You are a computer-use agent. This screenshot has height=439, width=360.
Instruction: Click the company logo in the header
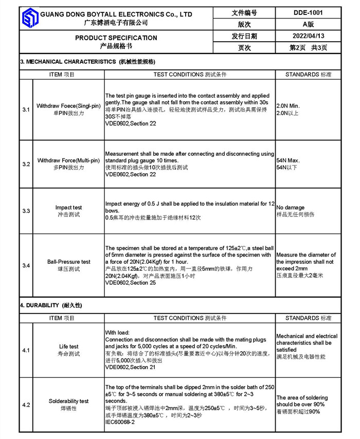(30, 19)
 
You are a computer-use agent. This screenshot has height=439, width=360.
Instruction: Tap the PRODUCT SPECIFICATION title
(116, 38)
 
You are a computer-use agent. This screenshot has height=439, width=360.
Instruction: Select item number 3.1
(26, 110)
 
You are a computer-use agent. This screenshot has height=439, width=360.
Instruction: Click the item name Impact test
(68, 208)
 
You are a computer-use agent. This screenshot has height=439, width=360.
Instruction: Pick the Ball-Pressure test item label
(68, 262)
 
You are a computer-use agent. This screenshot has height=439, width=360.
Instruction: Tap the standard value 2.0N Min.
(288, 106)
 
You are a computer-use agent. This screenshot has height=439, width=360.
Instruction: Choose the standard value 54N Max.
(288, 160)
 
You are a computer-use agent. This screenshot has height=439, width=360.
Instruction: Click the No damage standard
(291, 208)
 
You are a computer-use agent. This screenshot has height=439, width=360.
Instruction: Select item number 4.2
(26, 405)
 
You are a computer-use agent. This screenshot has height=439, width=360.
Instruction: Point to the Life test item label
(68, 346)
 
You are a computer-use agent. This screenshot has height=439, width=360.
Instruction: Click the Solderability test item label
(68, 401)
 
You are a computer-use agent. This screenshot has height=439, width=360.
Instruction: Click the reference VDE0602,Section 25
(131, 283)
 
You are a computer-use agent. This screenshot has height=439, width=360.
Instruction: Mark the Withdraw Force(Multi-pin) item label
(68, 161)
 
